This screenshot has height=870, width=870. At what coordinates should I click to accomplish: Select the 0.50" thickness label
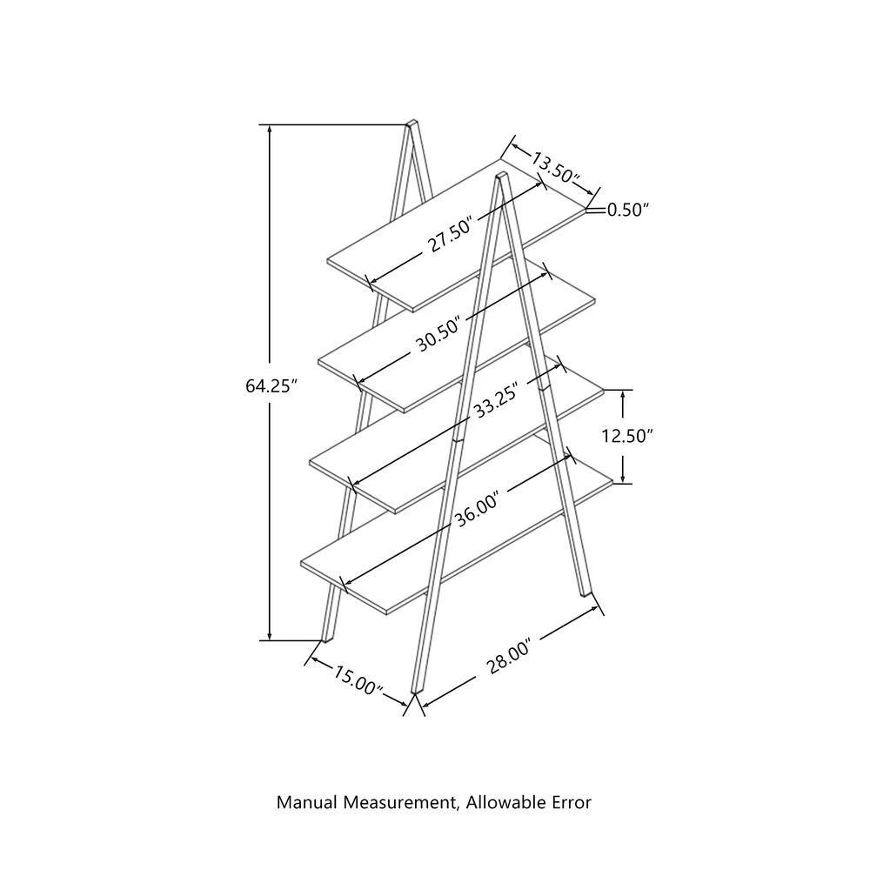(627, 210)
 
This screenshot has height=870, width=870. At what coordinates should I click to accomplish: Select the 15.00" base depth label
(358, 680)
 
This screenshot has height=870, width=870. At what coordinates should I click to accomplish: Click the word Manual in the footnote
(307, 802)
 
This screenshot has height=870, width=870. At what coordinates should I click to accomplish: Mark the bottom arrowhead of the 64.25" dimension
(270, 635)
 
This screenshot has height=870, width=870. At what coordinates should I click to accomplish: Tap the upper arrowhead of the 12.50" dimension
(623, 395)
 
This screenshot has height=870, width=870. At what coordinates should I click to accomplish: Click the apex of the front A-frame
(502, 176)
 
